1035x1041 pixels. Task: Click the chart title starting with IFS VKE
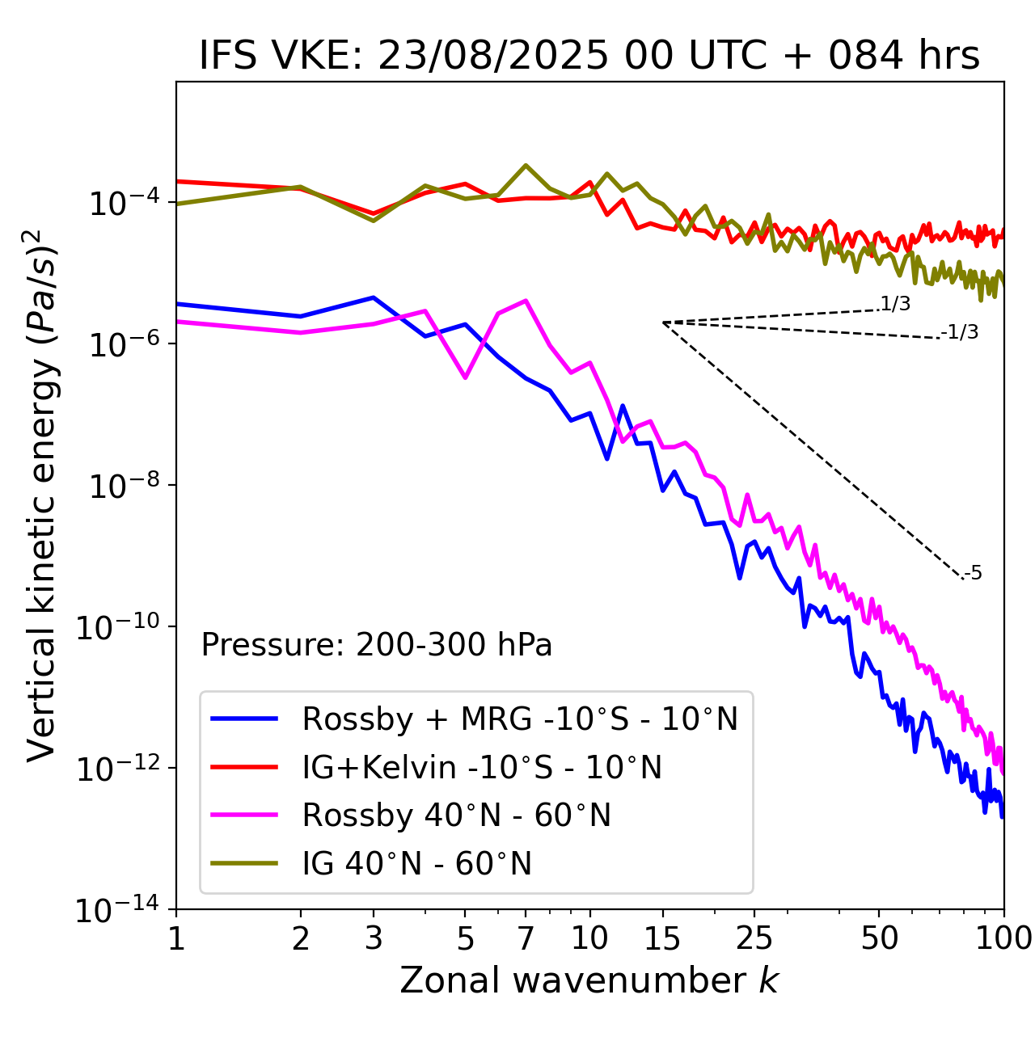[x=589, y=57]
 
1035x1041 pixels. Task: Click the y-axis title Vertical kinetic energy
[x=42, y=495]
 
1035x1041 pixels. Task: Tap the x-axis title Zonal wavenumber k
[x=589, y=980]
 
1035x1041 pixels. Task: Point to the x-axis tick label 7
[x=526, y=938]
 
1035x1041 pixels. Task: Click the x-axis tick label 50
[x=879, y=938]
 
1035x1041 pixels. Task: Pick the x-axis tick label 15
[x=662, y=938]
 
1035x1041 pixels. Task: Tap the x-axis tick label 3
[x=374, y=938]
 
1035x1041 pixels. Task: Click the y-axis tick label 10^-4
[x=124, y=202]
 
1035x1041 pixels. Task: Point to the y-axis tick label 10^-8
[x=124, y=485]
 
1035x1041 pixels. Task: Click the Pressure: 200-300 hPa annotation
[x=377, y=645]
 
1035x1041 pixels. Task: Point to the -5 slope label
[x=973, y=574]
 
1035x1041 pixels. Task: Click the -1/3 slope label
[x=961, y=332]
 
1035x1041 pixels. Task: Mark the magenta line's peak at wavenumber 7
[x=526, y=301]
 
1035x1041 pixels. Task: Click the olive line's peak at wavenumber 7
[x=526, y=165]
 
